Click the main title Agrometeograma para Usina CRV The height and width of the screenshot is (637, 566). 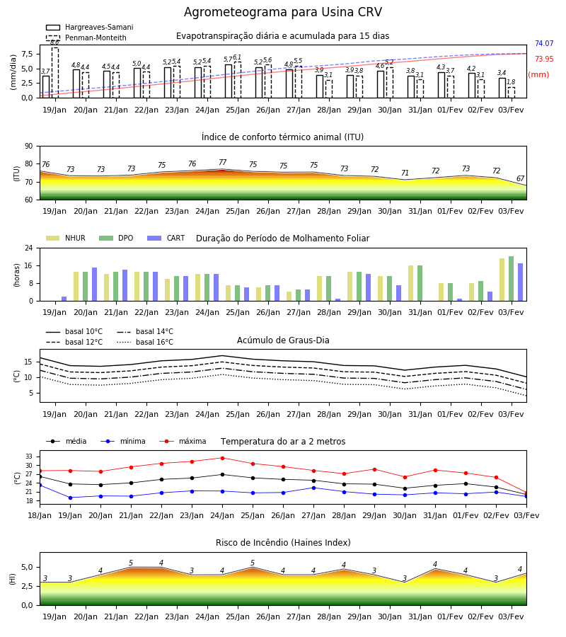pyautogui.click(x=282, y=12)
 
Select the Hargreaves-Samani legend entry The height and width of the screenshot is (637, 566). pyautogui.click(x=89, y=27)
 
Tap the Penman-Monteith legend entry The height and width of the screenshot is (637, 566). pyautogui.click(x=86, y=38)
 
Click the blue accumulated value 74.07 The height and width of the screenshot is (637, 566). pyautogui.click(x=544, y=43)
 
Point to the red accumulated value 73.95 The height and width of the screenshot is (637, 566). pyautogui.click(x=544, y=59)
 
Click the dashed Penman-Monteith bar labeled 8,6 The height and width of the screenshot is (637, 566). pyautogui.click(x=54, y=73)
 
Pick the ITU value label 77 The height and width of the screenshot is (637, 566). pyautogui.click(x=222, y=162)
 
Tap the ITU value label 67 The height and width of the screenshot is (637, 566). pyautogui.click(x=521, y=178)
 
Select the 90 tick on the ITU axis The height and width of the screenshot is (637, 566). pyautogui.click(x=29, y=147)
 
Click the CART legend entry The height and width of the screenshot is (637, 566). pyautogui.click(x=166, y=238)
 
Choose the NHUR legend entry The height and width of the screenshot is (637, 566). pyautogui.click(x=66, y=238)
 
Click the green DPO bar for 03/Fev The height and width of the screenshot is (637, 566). pyautogui.click(x=512, y=279)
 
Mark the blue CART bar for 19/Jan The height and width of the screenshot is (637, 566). pyautogui.click(x=64, y=299)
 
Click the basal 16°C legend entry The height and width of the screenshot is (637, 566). pyautogui.click(x=145, y=342)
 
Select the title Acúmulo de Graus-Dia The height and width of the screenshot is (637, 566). pyautogui.click(x=283, y=340)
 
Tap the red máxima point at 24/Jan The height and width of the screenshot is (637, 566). pyautogui.click(x=222, y=458)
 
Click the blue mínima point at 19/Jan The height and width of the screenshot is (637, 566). pyautogui.click(x=70, y=498)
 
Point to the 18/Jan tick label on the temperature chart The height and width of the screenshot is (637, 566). pyautogui.click(x=40, y=515)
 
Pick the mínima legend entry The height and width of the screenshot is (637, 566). pyautogui.click(x=123, y=441)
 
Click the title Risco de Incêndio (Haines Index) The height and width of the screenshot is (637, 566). pyautogui.click(x=283, y=542)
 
